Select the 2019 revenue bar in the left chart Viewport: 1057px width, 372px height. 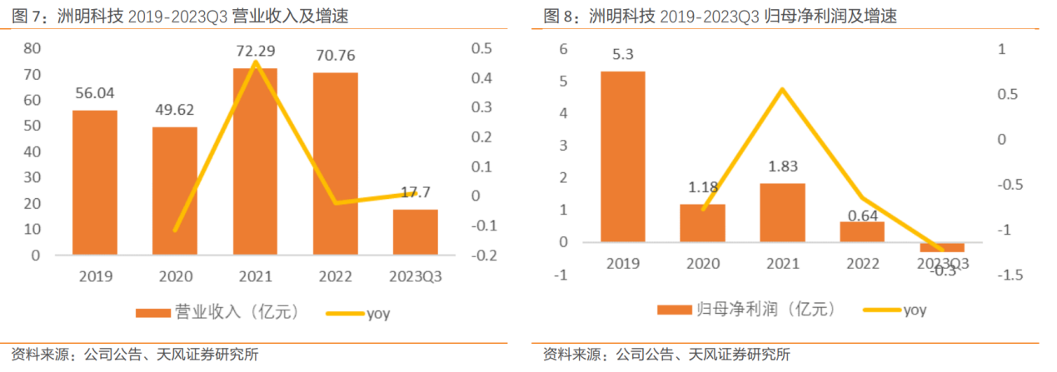(94, 182)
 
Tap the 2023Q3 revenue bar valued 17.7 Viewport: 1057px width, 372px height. (416, 232)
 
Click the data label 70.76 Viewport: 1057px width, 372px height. (335, 56)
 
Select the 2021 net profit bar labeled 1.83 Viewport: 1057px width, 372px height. (783, 213)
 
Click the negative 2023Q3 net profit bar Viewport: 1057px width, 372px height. (942, 247)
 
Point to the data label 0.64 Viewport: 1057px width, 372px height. (862, 214)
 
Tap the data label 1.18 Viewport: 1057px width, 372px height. (703, 187)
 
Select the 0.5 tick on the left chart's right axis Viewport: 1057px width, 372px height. (481, 49)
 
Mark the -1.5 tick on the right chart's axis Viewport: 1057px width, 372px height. (1013, 275)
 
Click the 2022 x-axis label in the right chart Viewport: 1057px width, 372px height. (863, 264)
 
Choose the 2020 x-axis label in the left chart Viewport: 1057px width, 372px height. (174, 276)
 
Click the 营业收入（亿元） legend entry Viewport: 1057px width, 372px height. (218, 313)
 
